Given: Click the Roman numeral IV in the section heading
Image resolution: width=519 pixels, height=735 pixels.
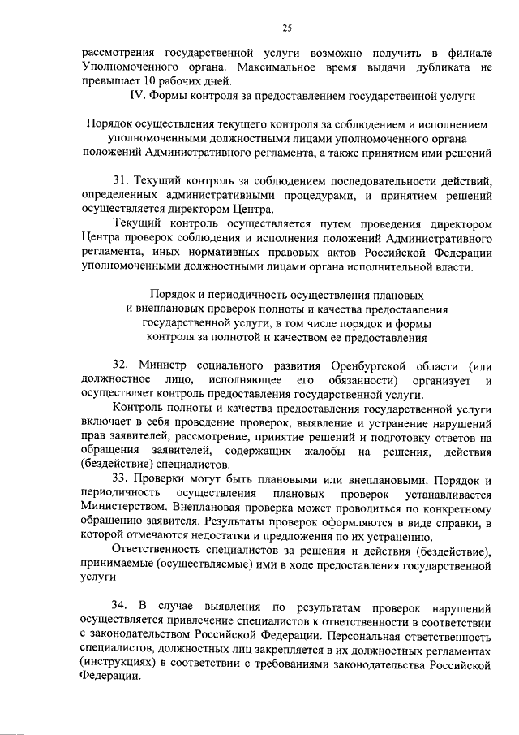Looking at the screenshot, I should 138,96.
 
